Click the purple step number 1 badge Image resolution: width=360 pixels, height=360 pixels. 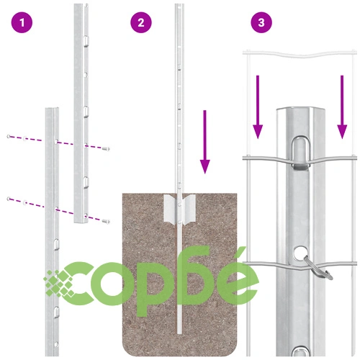click(x=22, y=23)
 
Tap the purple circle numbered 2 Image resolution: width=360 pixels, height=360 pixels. click(x=141, y=22)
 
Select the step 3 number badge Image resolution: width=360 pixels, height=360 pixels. click(x=261, y=22)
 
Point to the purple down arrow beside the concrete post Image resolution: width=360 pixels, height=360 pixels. click(x=204, y=142)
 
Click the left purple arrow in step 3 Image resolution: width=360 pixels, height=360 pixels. click(x=258, y=107)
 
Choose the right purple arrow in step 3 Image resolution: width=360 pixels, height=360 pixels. click(x=342, y=107)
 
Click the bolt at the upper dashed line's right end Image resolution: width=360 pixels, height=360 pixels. click(x=106, y=149)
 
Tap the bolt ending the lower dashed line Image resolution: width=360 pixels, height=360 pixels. click(x=106, y=221)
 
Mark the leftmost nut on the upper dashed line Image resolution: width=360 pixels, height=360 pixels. click(x=9, y=137)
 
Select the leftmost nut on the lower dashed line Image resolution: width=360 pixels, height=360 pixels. click(x=9, y=199)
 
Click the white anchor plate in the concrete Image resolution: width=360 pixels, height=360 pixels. click(x=179, y=210)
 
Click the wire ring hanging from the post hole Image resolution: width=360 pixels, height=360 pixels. click(x=319, y=269)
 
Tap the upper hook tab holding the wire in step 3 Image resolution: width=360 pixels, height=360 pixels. click(x=301, y=153)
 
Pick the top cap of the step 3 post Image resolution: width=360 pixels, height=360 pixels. click(x=301, y=110)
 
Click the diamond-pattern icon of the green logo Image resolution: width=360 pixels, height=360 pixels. click(x=58, y=284)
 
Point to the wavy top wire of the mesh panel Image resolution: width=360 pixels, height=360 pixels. click(x=300, y=54)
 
